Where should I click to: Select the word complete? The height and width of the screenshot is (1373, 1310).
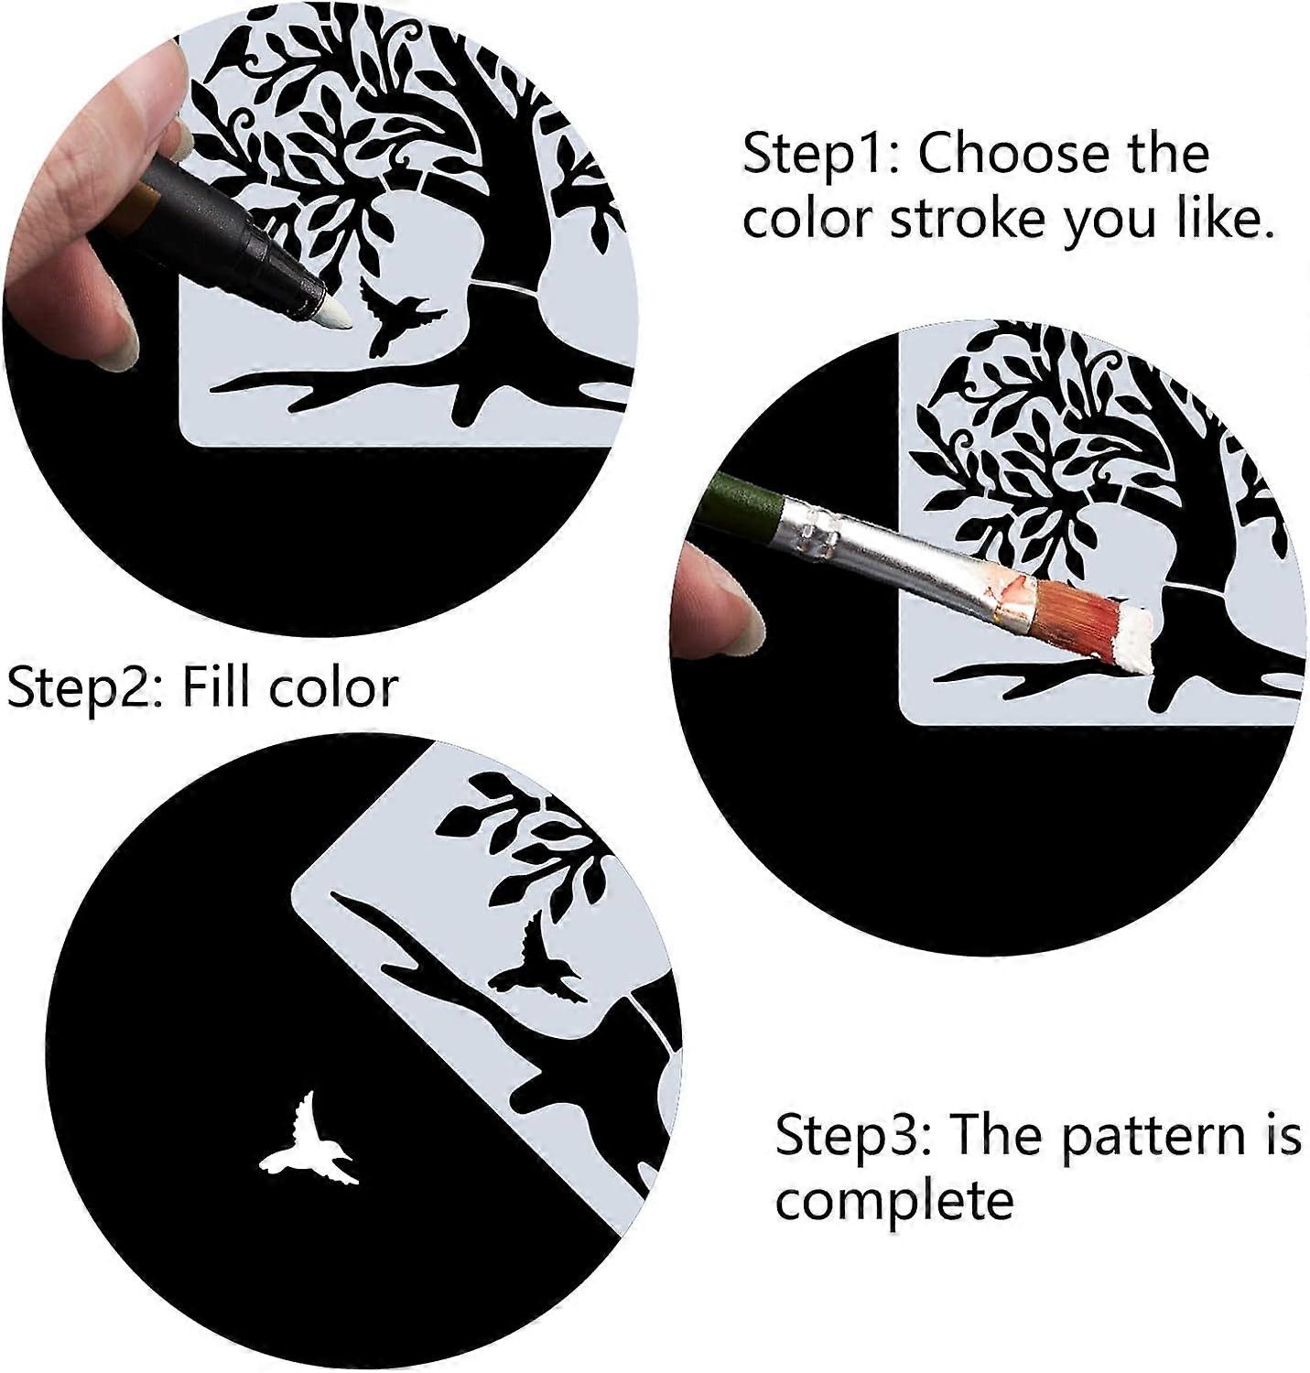(893, 1201)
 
